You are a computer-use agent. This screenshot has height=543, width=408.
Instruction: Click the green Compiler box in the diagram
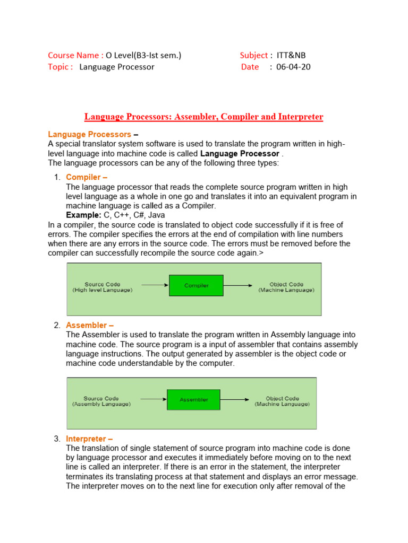point(196,285)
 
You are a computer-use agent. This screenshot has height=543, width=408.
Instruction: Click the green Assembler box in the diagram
point(193,399)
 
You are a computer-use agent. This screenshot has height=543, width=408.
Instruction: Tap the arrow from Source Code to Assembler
point(152,399)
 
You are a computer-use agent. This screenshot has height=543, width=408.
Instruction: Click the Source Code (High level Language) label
point(103,287)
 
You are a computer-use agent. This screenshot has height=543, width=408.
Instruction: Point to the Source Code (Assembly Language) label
point(101,401)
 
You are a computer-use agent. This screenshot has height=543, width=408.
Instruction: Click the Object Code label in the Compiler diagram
point(286,287)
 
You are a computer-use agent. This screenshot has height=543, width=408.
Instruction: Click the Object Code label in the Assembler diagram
point(282,401)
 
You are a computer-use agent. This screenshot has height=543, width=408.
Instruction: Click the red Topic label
point(60,67)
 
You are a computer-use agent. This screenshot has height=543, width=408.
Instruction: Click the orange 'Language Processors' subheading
point(89,135)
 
